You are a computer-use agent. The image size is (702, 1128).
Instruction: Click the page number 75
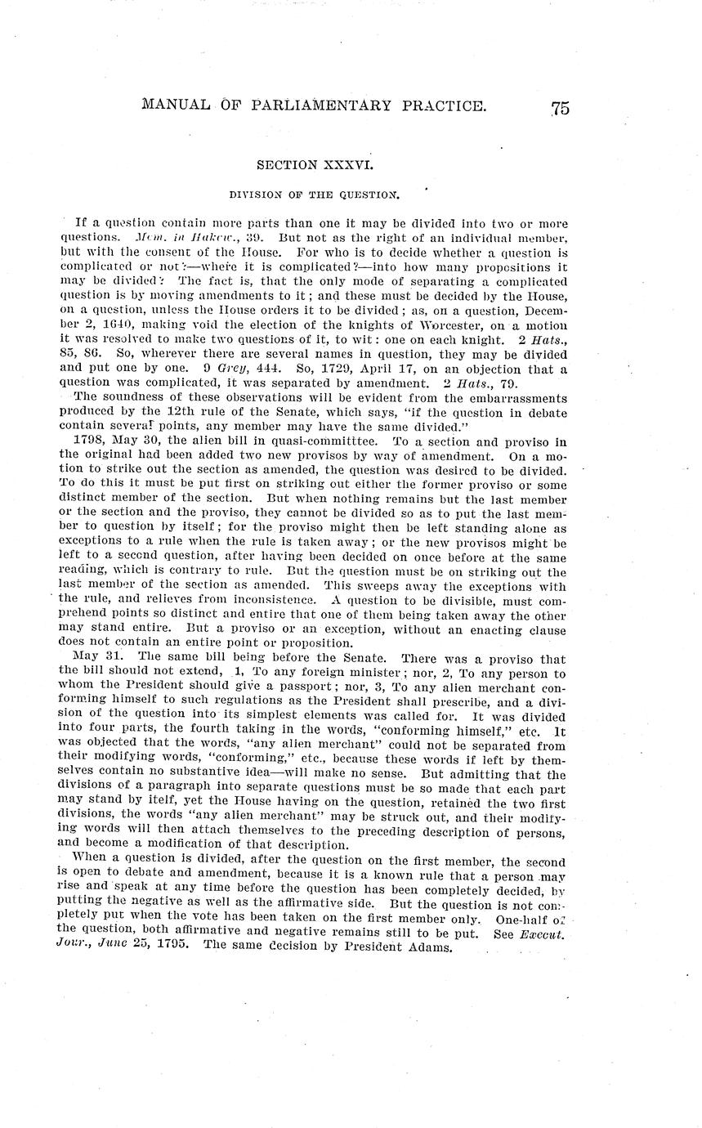pos(560,108)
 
